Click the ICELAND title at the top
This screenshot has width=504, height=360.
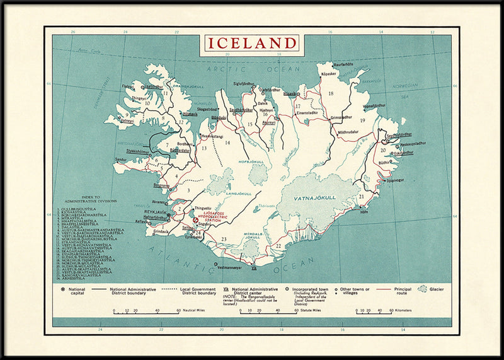point(251,44)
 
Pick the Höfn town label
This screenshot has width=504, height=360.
point(364,212)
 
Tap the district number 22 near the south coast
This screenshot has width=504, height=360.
point(278,245)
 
